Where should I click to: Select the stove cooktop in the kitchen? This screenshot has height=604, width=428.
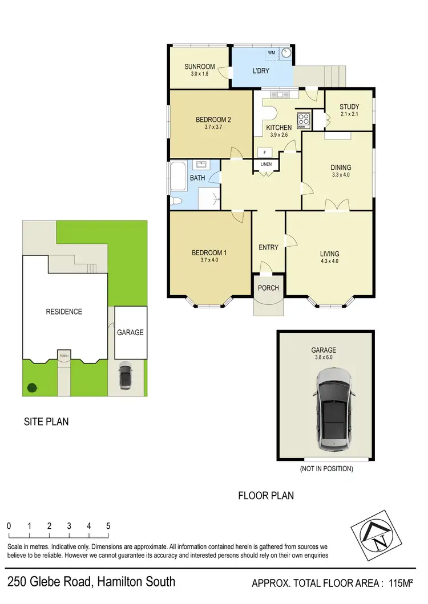coord(304,120)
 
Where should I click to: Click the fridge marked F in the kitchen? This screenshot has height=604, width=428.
coord(264,152)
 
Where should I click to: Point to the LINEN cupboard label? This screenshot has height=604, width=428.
coord(266,165)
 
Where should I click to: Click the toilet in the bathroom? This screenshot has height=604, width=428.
coord(176,201)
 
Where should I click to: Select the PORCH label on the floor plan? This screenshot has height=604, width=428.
coord(268,288)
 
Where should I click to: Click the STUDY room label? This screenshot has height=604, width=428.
coord(349,107)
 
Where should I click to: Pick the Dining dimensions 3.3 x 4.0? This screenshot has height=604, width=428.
coord(341,176)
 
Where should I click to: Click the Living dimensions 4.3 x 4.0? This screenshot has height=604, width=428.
coord(330,262)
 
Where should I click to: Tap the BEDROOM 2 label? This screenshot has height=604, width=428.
coord(213,120)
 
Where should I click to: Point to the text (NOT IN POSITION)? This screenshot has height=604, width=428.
coord(326,469)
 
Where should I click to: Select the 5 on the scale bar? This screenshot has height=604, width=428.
coord(108,526)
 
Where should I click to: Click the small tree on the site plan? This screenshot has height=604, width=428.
coord(32,388)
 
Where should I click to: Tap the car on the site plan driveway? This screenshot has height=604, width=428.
coord(126,377)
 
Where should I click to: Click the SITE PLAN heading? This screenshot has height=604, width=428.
coord(46,422)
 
